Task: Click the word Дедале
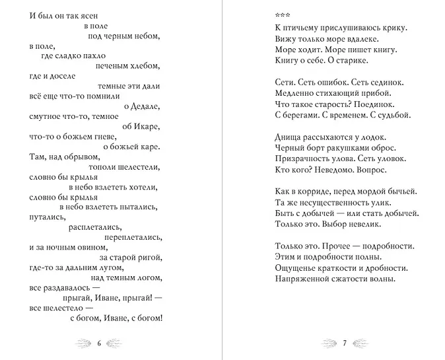(147, 106)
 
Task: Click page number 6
(99, 343)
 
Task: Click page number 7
(344, 343)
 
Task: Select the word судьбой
(393, 115)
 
